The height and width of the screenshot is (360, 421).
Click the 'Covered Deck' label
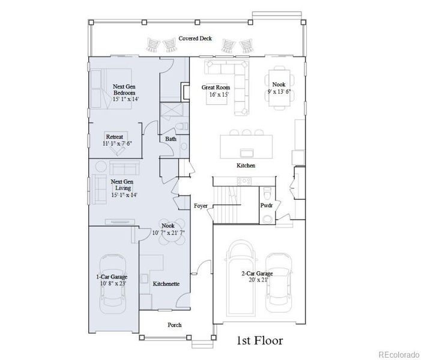pos(195,38)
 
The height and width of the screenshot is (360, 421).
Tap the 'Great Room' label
pos(216,91)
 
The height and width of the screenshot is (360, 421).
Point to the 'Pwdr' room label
pos(266,205)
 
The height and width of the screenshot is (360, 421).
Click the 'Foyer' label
pos(201,206)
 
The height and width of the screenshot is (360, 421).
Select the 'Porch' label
pos(174,325)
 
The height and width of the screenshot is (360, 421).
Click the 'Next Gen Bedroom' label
pos(125,93)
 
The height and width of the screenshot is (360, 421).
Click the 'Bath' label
pos(171,139)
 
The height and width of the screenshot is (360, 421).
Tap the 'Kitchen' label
pos(246,165)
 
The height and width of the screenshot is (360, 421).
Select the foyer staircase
pos(227,199)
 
